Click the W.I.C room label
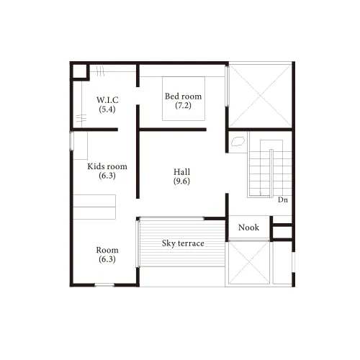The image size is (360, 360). click(x=107, y=100)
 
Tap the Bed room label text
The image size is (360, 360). click(x=183, y=96)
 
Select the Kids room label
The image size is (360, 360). click(x=107, y=166)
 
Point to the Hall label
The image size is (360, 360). click(x=181, y=172)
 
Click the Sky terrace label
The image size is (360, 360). click(x=183, y=243)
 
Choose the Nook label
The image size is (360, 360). click(x=248, y=228)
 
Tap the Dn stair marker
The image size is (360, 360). click(x=283, y=199)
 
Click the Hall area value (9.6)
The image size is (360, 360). click(x=181, y=181)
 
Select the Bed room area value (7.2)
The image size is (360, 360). click(x=183, y=105)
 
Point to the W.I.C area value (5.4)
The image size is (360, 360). click(x=107, y=109)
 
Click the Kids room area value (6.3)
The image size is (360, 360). click(x=107, y=176)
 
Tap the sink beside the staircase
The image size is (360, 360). click(x=238, y=141)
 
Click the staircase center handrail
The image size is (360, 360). click(x=271, y=174)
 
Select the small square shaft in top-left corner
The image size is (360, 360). click(x=80, y=71)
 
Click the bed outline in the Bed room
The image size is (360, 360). click(x=184, y=99)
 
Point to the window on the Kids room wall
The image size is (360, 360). click(x=71, y=141)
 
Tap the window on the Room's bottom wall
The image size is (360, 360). click(x=104, y=285)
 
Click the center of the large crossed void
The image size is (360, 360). click(x=261, y=96)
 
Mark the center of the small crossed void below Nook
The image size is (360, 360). click(x=249, y=263)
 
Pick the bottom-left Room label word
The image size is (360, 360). click(x=107, y=250)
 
